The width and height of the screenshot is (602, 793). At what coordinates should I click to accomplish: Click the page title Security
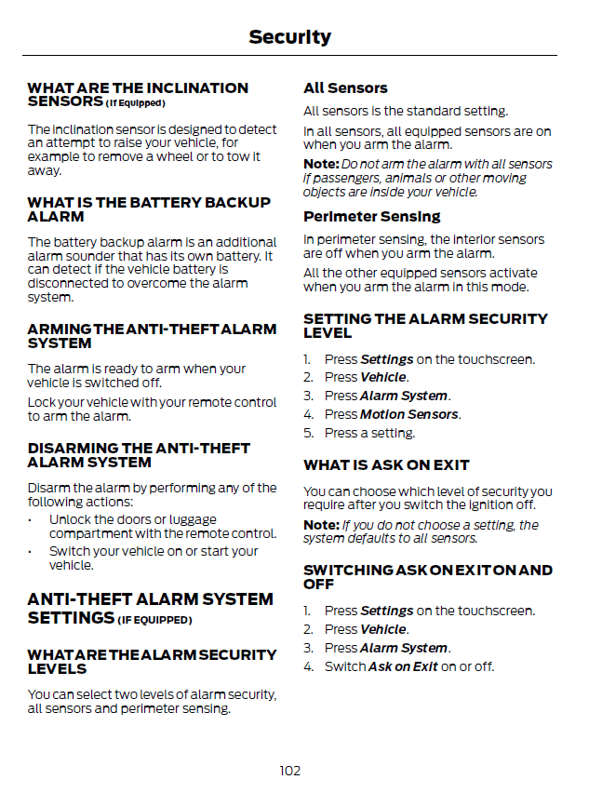pyautogui.click(x=289, y=37)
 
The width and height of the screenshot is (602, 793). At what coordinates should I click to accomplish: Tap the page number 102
pyautogui.click(x=289, y=770)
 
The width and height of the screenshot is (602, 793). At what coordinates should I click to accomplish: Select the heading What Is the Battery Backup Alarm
pyautogui.click(x=149, y=209)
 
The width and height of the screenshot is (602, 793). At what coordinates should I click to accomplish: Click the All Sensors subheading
pyautogui.click(x=345, y=88)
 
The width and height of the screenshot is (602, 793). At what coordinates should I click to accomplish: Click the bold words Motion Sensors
pyautogui.click(x=408, y=414)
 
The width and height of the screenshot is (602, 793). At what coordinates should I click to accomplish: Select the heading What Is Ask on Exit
pyautogui.click(x=386, y=465)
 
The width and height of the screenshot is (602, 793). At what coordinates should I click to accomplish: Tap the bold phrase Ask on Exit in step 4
pyautogui.click(x=403, y=666)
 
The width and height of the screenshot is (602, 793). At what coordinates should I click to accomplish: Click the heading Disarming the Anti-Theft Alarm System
pyautogui.click(x=139, y=455)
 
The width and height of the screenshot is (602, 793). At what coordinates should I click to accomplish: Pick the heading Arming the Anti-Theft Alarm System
pyautogui.click(x=152, y=336)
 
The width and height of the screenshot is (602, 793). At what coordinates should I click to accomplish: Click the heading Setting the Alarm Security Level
pyautogui.click(x=425, y=326)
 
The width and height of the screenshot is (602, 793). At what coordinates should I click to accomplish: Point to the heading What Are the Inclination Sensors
pyautogui.click(x=138, y=94)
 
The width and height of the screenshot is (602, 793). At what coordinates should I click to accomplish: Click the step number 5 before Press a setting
pyautogui.click(x=307, y=433)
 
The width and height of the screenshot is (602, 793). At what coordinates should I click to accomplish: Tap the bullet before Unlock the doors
pyautogui.click(x=32, y=520)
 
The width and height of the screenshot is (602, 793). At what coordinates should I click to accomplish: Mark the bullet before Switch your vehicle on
pyautogui.click(x=32, y=551)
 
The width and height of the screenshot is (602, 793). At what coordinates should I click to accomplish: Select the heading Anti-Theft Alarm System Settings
pyautogui.click(x=150, y=608)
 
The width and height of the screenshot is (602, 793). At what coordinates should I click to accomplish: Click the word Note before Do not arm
pyautogui.click(x=320, y=164)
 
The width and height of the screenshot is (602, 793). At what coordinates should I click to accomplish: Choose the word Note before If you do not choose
pyautogui.click(x=320, y=525)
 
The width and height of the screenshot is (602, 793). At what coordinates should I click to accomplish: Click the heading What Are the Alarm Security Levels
pyautogui.click(x=152, y=662)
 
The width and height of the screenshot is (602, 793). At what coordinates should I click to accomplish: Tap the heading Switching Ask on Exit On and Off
pyautogui.click(x=427, y=577)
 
